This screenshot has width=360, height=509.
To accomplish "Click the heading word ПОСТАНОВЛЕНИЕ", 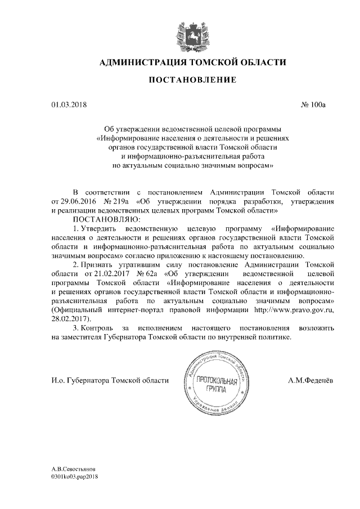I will pyautogui.click(x=192, y=81).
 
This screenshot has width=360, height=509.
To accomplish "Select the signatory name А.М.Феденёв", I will pyautogui.click(x=309, y=381).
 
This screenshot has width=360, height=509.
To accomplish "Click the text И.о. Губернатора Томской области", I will pyautogui.click(x=110, y=381).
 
